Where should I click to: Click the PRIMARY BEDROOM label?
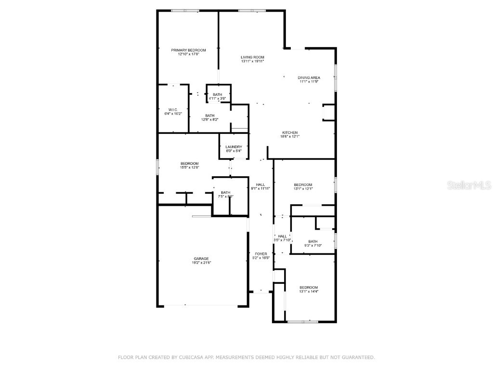tap(189, 50)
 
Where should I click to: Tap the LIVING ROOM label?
tap(252, 57)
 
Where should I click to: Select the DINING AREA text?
tap(309, 78)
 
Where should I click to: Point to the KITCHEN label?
tap(290, 132)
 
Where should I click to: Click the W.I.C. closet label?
tap(173, 110)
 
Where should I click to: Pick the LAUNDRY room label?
tap(234, 147)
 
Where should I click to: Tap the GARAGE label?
tap(201, 259)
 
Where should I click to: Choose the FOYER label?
tap(261, 254)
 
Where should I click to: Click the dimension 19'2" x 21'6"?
tap(201, 263)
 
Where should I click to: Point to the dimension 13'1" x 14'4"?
tap(309, 291)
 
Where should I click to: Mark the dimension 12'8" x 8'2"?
tap(210, 120)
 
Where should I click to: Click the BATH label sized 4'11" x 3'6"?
tap(218, 94)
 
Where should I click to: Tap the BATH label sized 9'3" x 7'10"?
tap(313, 241)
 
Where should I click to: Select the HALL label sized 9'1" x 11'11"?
tap(260, 185)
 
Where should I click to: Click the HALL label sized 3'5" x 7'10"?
tap(282, 236)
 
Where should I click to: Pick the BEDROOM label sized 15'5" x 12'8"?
tap(189, 163)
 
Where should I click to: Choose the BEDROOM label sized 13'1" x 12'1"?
tap(303, 185)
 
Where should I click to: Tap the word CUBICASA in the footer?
tap(185, 357)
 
